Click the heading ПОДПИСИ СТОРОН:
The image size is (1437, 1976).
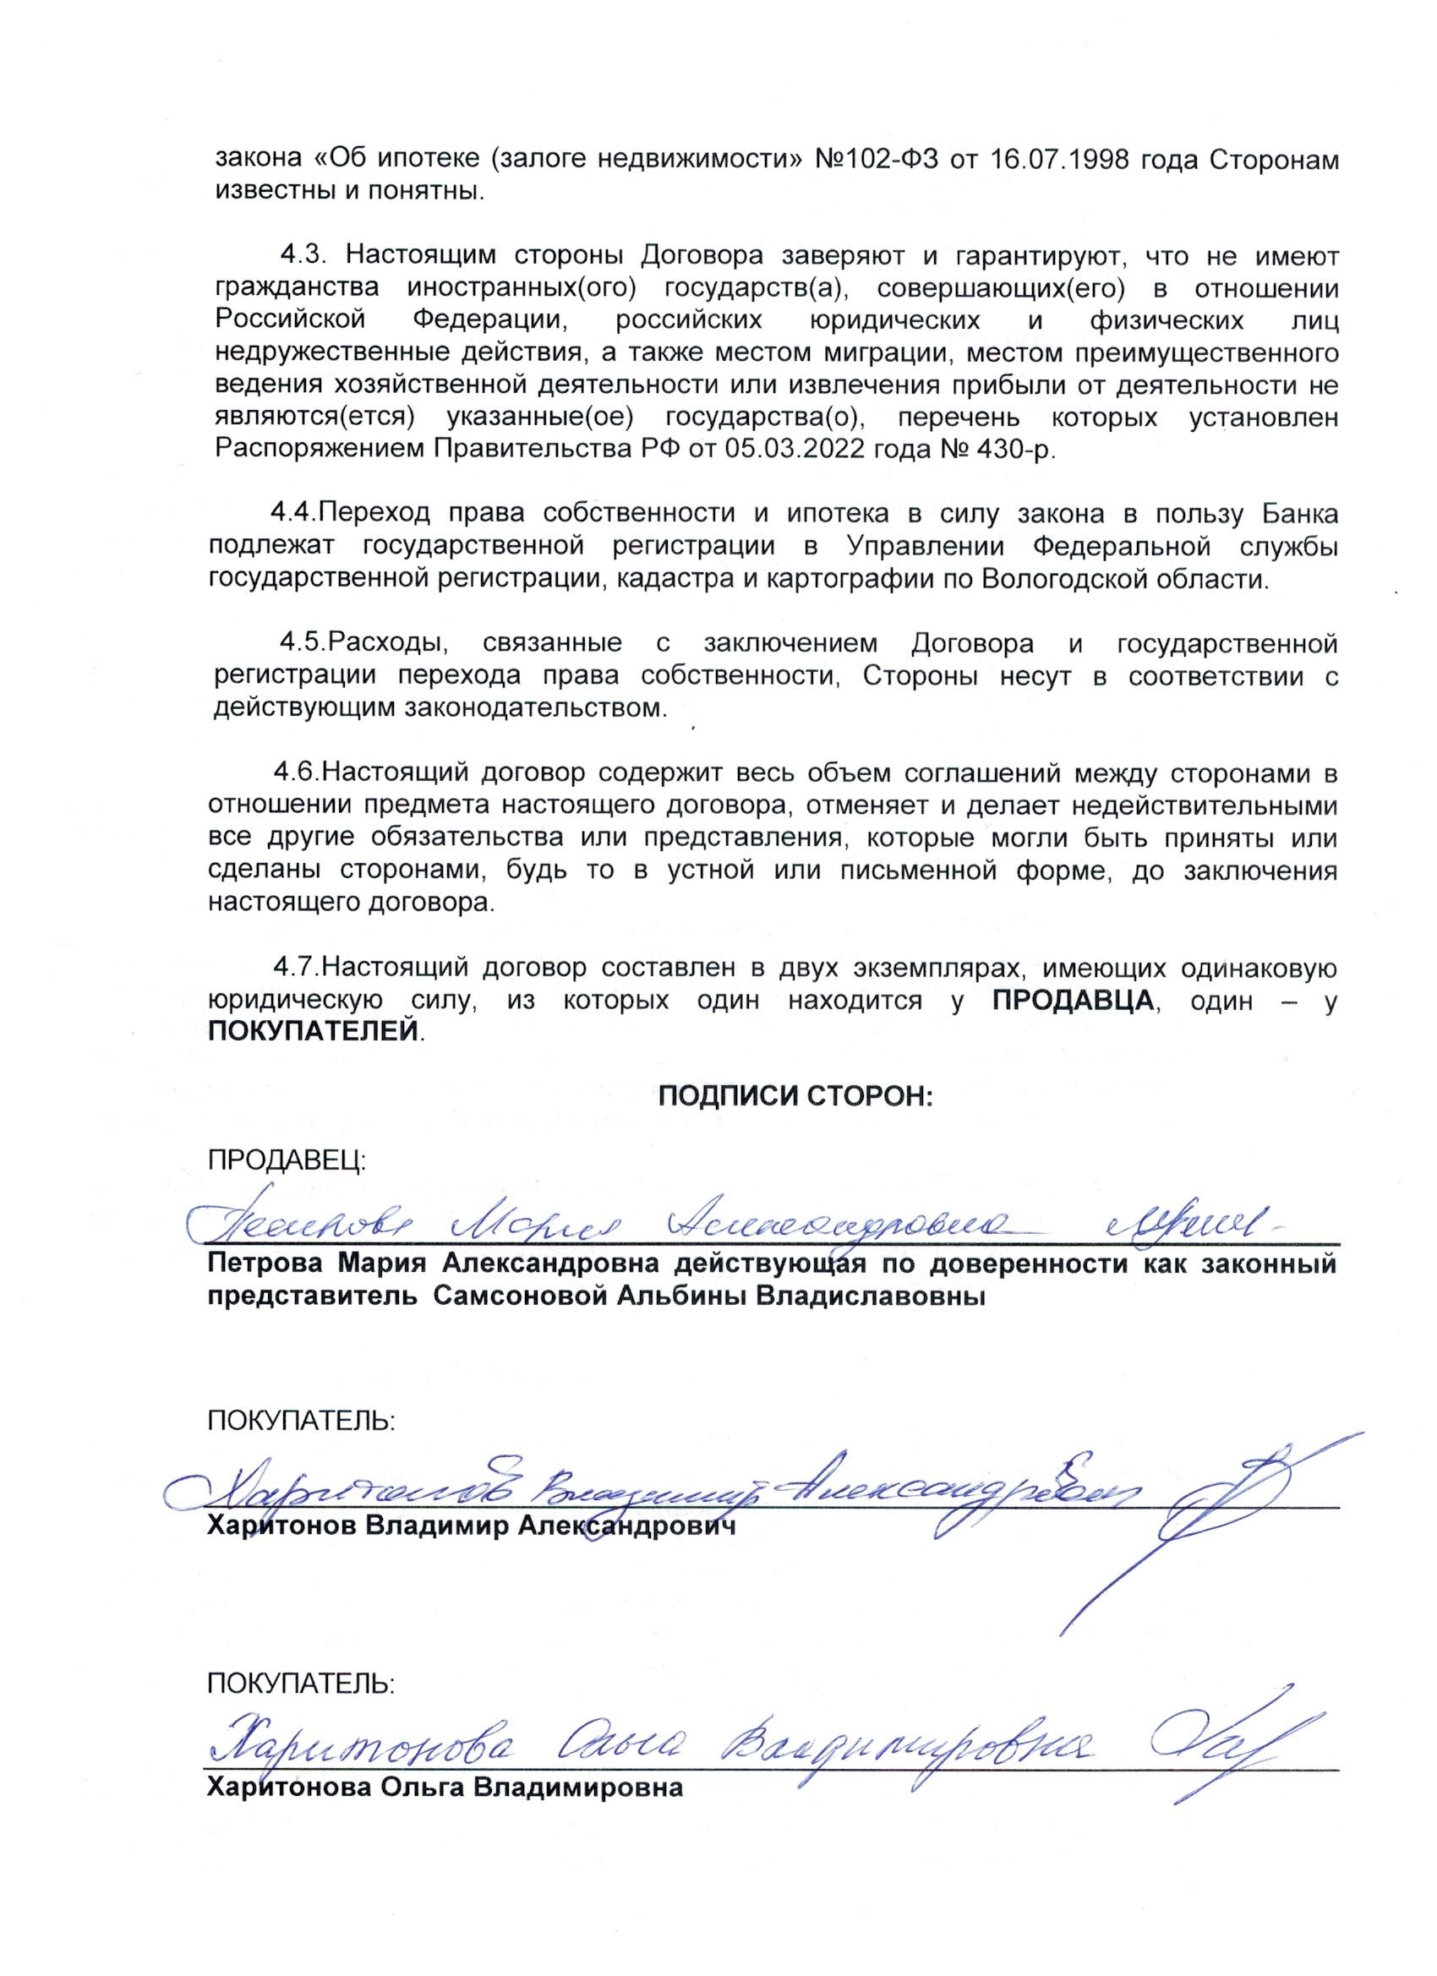click(795, 1095)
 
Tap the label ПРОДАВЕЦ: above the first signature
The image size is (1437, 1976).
click(287, 1160)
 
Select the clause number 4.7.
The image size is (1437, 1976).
click(297, 968)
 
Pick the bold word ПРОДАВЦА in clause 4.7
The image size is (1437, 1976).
click(1073, 1000)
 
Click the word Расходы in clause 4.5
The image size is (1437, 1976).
click(390, 644)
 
